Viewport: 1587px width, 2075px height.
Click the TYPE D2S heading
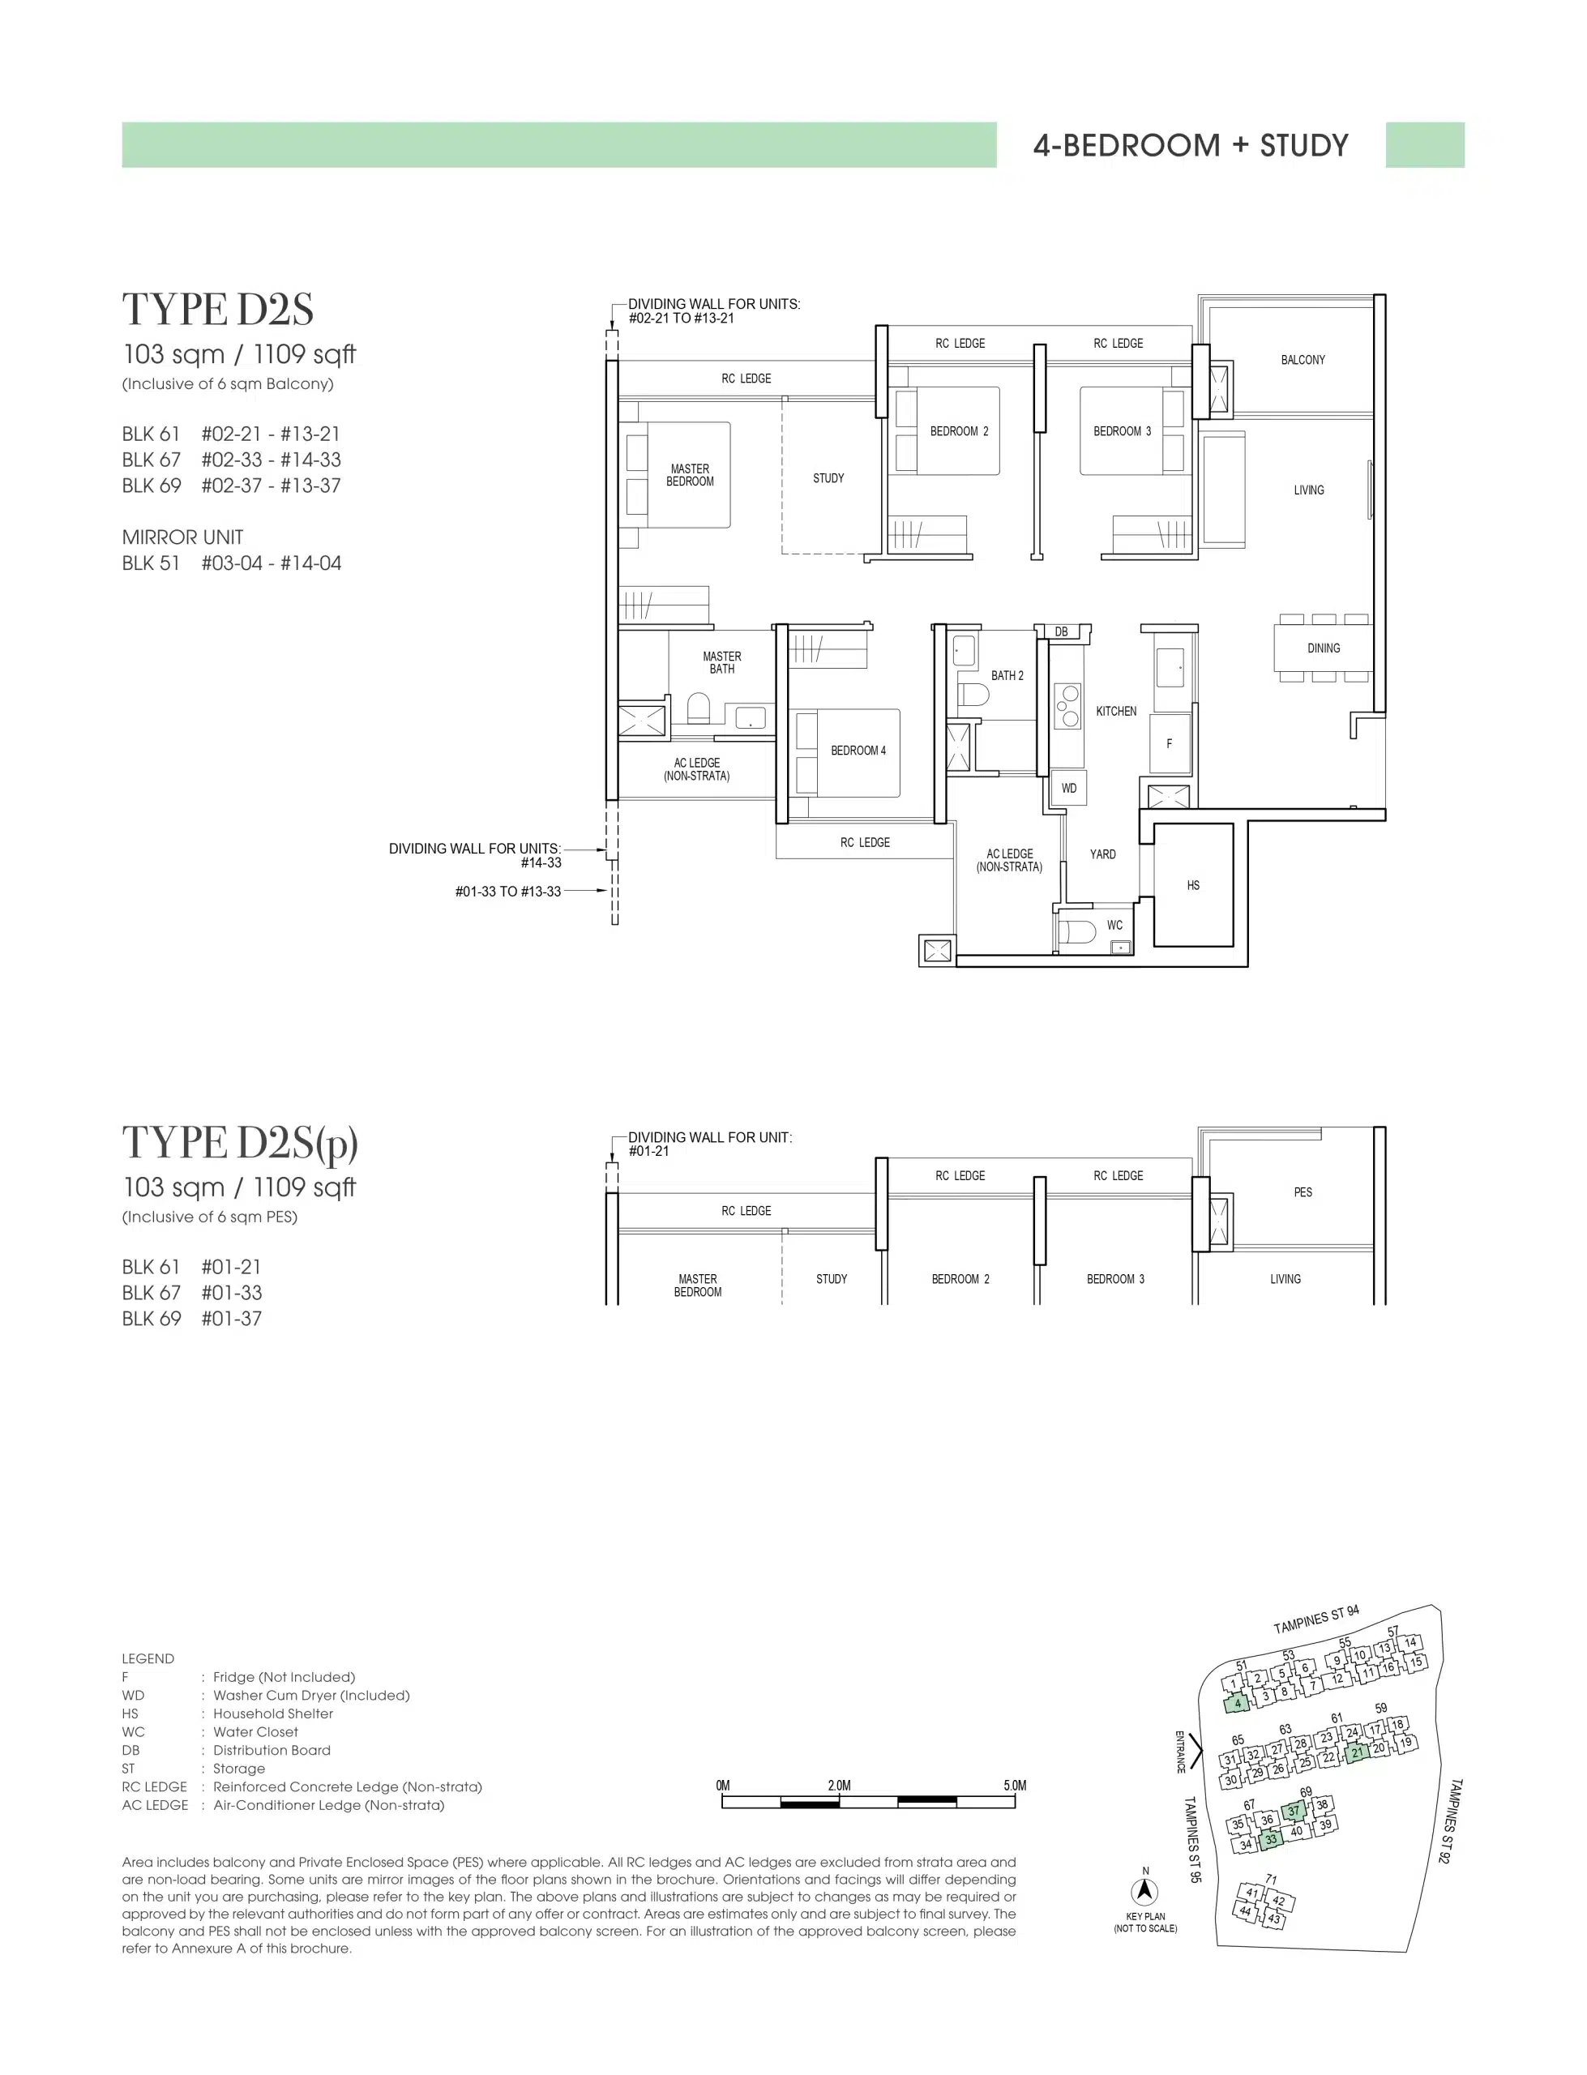[217, 309]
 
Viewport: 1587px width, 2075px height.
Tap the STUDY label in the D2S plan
[828, 478]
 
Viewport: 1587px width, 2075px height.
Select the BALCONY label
[1303, 360]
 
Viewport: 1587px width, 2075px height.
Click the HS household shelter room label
[1193, 885]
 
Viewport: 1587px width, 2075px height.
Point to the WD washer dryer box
[1068, 788]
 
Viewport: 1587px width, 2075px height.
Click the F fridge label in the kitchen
[1169, 743]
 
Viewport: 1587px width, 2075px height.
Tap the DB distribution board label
[1061, 632]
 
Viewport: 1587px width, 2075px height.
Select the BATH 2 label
[1007, 675]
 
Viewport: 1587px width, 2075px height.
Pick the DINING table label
[1324, 648]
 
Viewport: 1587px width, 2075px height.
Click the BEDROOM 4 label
[858, 751]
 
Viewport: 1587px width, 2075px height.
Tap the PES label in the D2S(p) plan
[1303, 1192]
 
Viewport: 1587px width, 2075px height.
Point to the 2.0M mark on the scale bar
[839, 1785]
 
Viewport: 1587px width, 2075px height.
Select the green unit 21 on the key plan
[1357, 1753]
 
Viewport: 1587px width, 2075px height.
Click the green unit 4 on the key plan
[1237, 1704]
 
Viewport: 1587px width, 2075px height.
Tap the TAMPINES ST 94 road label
[1316, 1619]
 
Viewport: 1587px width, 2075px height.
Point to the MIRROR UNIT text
[182, 537]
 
